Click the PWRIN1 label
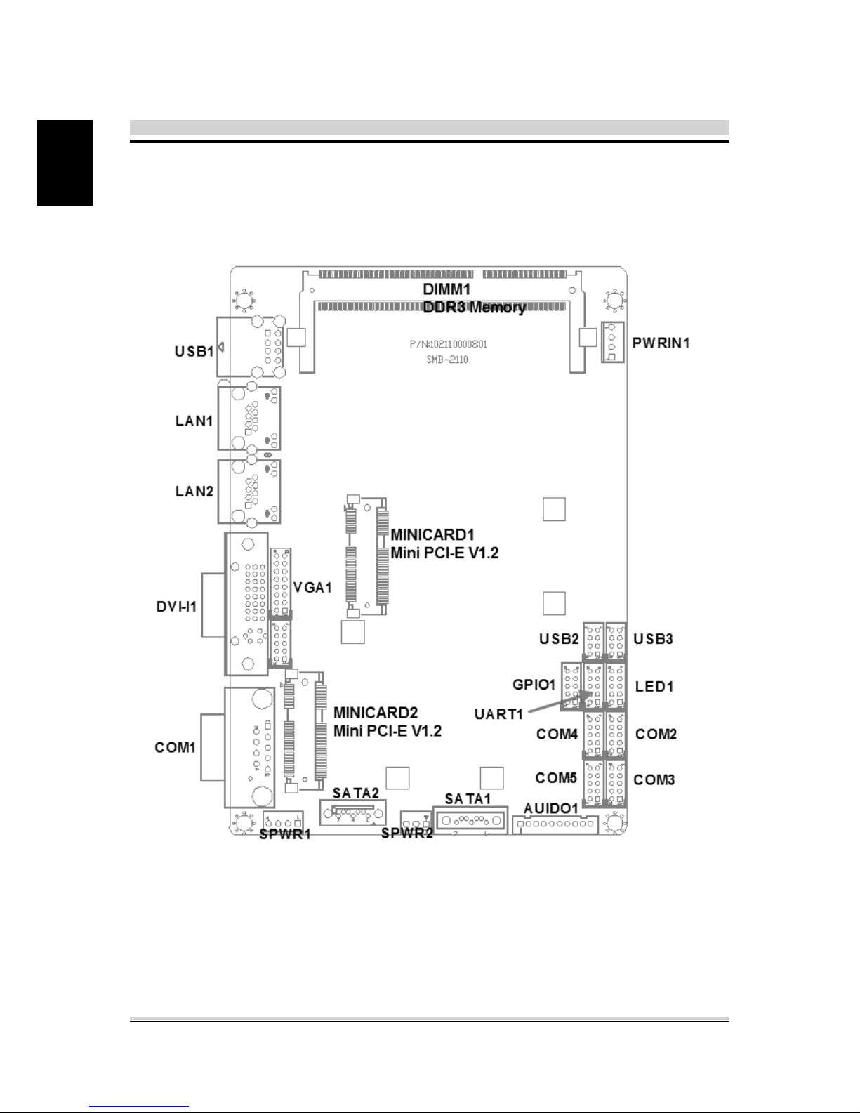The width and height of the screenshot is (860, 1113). [661, 343]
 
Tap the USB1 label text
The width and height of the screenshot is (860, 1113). [194, 351]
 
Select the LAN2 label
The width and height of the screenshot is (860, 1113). [194, 492]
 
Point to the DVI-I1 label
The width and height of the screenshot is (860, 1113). [177, 607]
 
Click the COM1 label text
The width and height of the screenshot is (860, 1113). [175, 747]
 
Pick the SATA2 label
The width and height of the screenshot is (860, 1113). [356, 793]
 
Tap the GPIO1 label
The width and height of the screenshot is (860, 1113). [534, 684]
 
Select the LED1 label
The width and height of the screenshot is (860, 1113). [654, 686]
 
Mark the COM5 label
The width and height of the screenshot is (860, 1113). [556, 777]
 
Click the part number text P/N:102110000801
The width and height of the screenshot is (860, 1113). [449, 344]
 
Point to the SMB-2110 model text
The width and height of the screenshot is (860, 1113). [447, 360]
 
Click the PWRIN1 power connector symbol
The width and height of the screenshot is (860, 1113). [613, 342]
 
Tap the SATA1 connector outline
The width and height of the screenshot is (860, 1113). [470, 820]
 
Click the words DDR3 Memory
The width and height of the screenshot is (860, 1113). [474, 308]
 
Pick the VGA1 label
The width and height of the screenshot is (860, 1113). [312, 587]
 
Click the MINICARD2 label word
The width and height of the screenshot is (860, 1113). [375, 713]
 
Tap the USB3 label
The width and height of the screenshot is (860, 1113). [653, 639]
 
